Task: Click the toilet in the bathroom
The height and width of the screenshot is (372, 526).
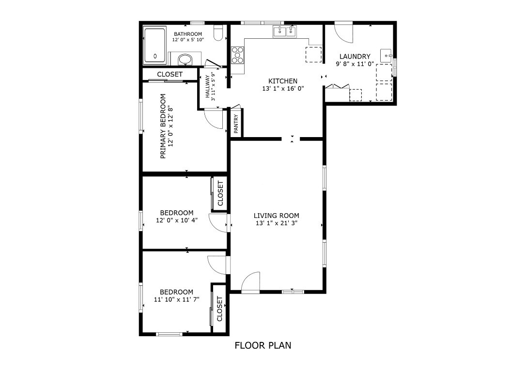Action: pos(218,33)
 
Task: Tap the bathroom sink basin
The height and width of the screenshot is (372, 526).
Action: pos(185,59)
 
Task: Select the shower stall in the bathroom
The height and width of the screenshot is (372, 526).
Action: pos(155,46)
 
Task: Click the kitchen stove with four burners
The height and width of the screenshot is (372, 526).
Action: pos(238,55)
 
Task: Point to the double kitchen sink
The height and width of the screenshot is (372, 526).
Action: pos(285,32)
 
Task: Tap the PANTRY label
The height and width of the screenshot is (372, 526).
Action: pos(236,124)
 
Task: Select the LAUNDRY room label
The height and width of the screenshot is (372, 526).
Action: pos(355,57)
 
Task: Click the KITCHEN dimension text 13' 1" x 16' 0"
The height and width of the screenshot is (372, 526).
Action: pos(283,89)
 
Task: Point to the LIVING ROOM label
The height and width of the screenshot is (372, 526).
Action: pos(276,216)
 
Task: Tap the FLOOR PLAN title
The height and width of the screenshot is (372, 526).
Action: pos(263,345)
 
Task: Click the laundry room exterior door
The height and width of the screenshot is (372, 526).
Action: pos(344,32)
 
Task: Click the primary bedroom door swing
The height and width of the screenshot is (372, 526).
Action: pos(214,119)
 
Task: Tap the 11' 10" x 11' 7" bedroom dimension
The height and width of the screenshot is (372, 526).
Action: pos(176,300)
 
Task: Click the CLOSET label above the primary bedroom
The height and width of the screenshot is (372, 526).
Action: pos(170,74)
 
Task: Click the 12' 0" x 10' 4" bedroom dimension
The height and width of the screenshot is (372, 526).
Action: pos(176,220)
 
